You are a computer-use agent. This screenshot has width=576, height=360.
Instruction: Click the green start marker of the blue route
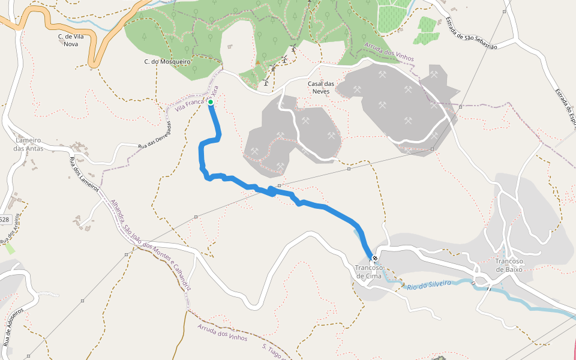point(211,102)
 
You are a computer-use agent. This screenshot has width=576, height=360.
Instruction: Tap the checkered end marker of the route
point(375,258)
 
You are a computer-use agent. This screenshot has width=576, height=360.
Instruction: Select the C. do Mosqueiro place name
point(167,61)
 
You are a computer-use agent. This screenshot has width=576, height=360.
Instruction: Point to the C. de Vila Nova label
point(70,40)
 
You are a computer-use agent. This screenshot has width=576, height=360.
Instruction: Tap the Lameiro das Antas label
point(29,144)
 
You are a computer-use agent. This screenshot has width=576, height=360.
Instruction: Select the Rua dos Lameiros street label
point(85,174)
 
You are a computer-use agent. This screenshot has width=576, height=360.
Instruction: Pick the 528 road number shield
point(5,220)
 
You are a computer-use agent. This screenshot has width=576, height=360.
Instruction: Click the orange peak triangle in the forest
point(258,62)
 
